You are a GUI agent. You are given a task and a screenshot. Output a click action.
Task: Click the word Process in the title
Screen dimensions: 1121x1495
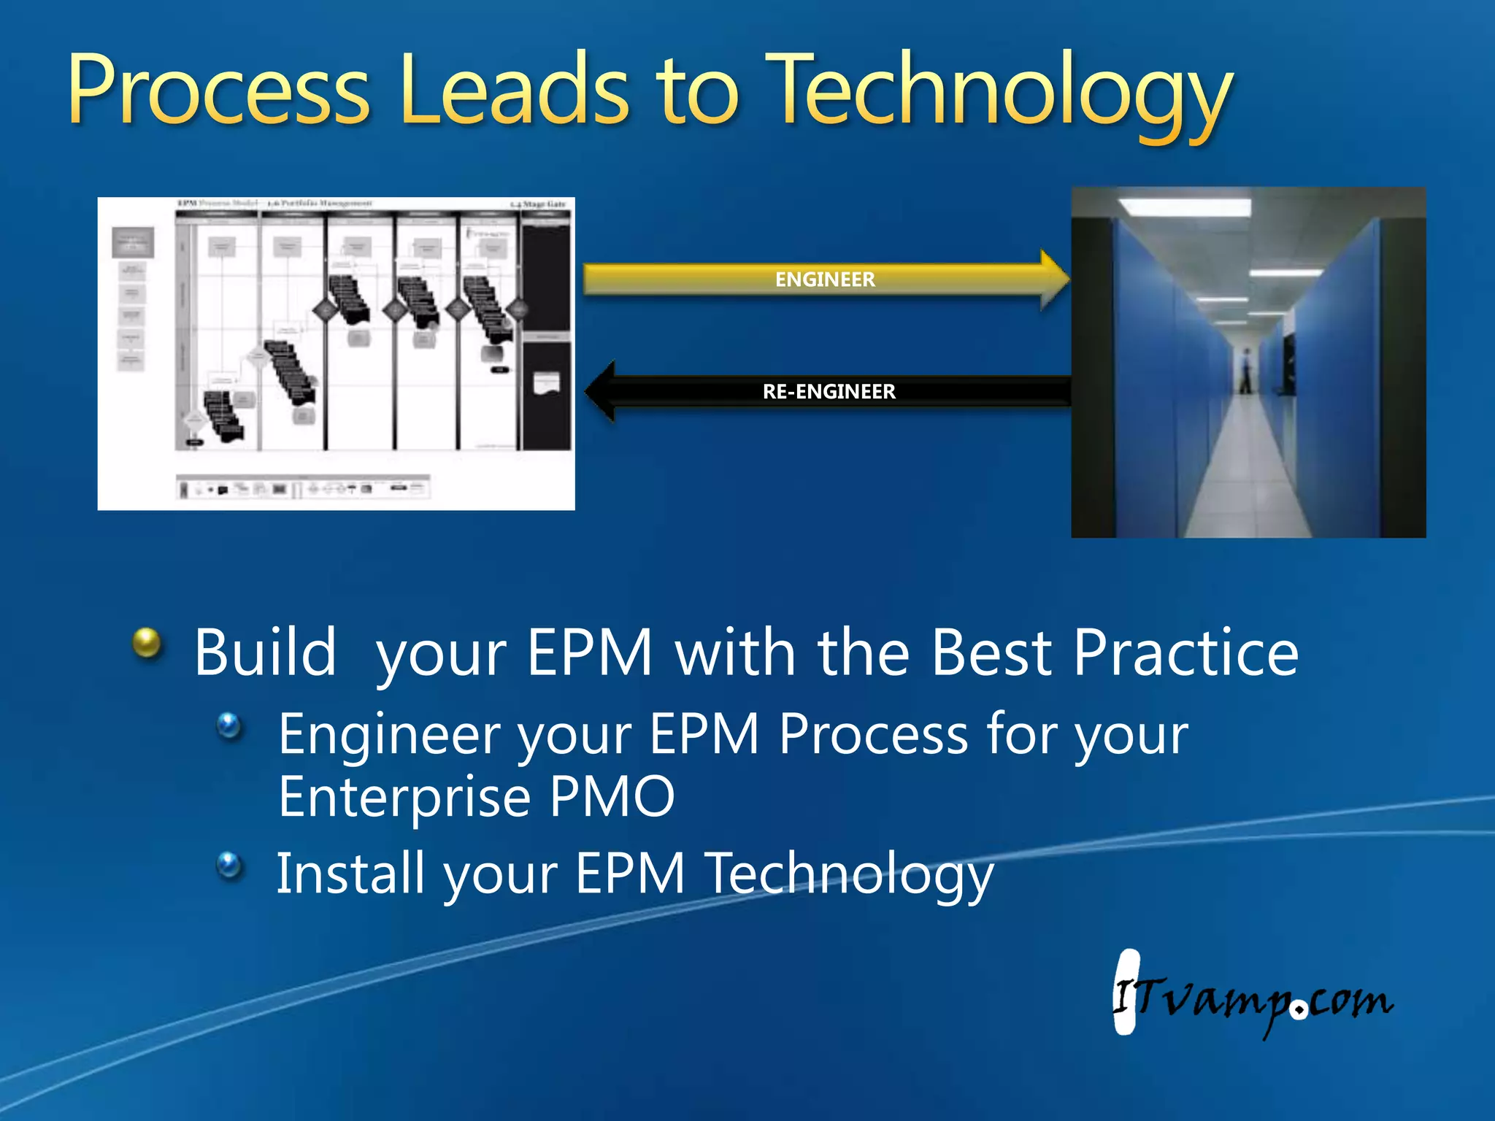219,91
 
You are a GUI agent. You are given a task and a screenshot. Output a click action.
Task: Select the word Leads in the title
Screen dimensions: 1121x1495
515,91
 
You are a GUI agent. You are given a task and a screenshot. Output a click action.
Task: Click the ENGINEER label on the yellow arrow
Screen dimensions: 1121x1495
825,280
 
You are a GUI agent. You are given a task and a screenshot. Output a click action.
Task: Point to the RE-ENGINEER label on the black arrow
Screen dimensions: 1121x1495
829,392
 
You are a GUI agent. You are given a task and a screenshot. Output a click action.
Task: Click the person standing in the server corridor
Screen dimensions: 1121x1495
1247,371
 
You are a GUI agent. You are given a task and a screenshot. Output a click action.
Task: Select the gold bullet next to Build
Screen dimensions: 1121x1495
147,644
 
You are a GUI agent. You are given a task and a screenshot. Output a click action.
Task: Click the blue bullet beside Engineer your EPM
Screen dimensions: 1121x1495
229,725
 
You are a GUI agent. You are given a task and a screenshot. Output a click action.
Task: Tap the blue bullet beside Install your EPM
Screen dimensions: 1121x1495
229,866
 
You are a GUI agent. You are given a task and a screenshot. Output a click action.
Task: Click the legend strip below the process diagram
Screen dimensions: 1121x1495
303,487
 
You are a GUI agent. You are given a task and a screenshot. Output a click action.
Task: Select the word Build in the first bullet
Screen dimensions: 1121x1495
265,653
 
